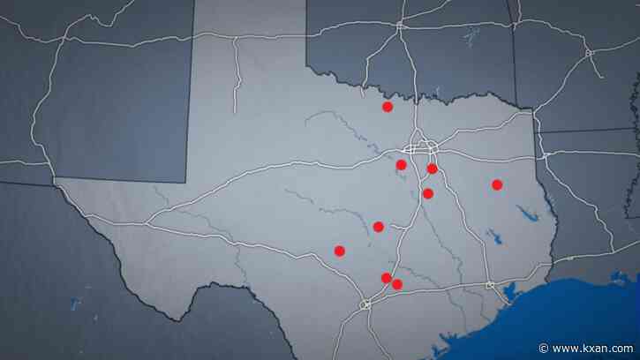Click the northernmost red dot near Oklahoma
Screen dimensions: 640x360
387,107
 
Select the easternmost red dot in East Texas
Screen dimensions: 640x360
497,184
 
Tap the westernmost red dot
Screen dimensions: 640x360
340,251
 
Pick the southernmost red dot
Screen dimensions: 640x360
396,284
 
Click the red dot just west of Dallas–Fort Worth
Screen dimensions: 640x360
401,165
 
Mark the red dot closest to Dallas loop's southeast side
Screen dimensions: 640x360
432,169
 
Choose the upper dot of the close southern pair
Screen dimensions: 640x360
386,278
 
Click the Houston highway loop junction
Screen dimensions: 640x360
489,285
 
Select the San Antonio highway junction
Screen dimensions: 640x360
365,304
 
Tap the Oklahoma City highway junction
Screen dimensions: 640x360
400,26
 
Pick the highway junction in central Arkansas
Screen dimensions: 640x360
588,53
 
